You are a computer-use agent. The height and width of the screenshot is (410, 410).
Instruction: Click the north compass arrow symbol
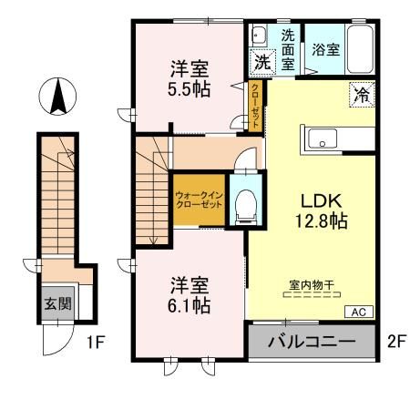pos(56,97)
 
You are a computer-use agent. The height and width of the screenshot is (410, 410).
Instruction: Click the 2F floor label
pos(394,343)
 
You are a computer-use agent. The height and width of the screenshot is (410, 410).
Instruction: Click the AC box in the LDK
pos(359,312)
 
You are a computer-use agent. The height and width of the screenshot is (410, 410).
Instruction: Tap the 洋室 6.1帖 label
pos(189,296)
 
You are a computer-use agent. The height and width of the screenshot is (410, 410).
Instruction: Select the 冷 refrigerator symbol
pos(360,92)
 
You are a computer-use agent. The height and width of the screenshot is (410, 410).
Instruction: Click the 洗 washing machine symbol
pos(261,64)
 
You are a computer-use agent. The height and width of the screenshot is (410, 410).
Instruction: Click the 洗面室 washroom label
pos(287,50)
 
